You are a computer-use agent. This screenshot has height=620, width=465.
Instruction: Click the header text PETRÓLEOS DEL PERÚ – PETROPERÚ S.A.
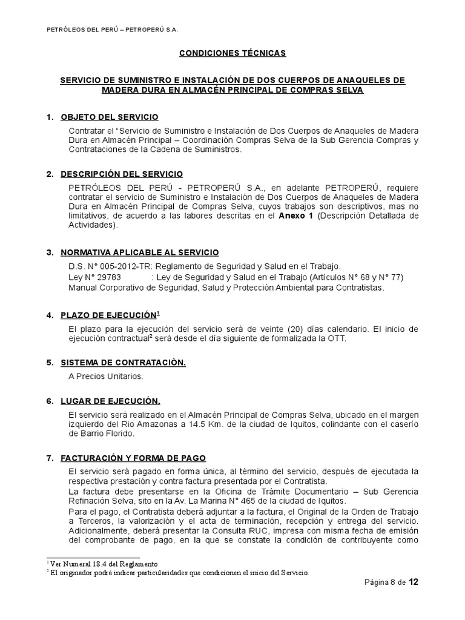[x=112, y=30]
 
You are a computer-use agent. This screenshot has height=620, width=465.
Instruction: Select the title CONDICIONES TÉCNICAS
[x=232, y=53]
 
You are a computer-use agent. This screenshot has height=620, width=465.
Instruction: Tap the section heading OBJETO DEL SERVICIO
[x=110, y=117]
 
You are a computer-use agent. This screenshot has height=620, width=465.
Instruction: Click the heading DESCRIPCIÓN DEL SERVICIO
[x=122, y=174]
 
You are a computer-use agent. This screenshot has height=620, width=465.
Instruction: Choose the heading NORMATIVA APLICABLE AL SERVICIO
[x=140, y=252]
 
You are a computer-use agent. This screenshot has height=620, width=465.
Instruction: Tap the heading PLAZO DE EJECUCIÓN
[x=108, y=315]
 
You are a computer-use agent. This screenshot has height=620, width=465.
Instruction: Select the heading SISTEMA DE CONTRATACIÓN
[x=124, y=362]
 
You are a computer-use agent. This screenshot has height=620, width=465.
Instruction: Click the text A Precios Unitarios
[x=106, y=377]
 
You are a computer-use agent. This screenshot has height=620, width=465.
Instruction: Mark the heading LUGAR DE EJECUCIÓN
[x=110, y=401]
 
